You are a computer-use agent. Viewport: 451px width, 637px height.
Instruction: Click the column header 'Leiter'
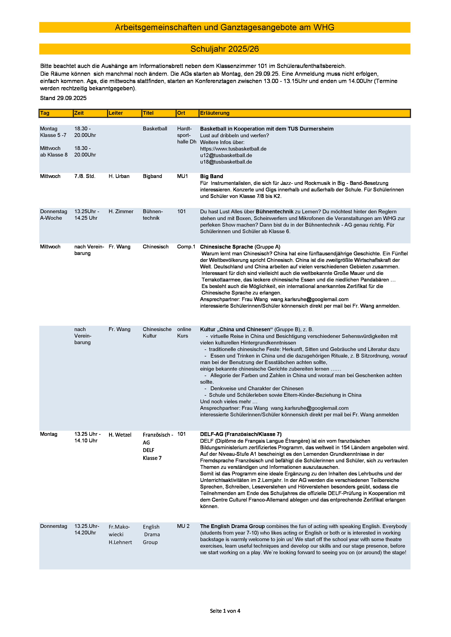(116, 113)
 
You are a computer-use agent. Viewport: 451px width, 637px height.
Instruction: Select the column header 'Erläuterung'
(215, 113)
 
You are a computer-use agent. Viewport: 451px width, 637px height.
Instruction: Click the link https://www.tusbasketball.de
(233, 149)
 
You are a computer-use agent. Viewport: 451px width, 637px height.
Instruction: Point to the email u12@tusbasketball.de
(226, 155)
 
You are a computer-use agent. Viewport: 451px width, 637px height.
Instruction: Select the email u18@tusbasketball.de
(226, 162)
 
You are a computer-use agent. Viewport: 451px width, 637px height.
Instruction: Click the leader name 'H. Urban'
(119, 176)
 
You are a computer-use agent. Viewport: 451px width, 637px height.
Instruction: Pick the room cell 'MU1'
(183, 176)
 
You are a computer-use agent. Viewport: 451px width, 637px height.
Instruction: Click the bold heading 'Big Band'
(211, 176)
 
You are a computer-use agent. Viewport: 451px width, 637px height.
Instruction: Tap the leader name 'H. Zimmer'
(121, 211)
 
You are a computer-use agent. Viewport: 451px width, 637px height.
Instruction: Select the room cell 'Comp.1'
(186, 247)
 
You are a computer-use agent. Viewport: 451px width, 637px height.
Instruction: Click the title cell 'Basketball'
(155, 128)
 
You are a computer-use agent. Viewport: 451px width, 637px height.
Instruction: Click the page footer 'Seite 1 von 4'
(225, 611)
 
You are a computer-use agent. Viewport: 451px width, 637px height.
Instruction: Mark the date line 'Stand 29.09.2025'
(63, 98)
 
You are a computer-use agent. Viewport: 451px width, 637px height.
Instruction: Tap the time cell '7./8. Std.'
(85, 176)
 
